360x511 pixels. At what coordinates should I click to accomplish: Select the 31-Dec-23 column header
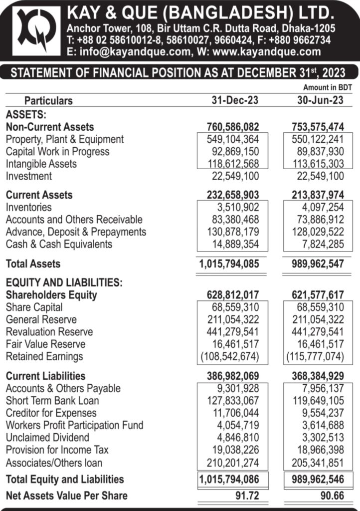pos(232,100)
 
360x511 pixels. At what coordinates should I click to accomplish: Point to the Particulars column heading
pos(48,101)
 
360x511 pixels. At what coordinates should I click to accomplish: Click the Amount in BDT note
pos(328,88)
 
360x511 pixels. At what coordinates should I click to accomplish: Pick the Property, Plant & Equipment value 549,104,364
pos(232,139)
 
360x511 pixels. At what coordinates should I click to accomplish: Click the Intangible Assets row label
pos(41,164)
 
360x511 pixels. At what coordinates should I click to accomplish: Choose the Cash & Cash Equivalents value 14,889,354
pos(232,244)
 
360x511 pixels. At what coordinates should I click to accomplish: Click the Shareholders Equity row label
pos(51,295)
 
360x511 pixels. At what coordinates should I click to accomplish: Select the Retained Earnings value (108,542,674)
pos(230,356)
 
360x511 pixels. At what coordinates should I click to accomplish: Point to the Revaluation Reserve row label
pos(49,332)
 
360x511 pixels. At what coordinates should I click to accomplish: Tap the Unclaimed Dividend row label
pos(48,438)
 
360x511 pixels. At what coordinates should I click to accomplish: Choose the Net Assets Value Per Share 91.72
pos(247,496)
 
